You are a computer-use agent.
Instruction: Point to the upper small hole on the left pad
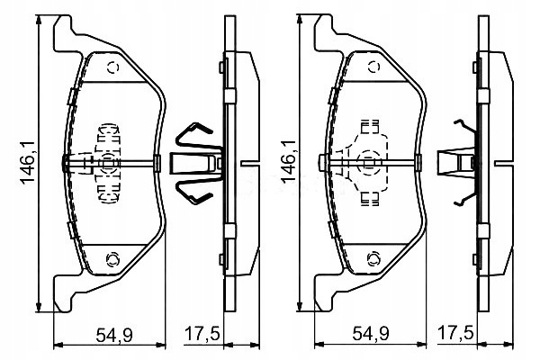[112, 67]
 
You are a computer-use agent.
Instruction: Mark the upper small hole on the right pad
[371, 67]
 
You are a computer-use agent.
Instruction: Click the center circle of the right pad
[369, 163]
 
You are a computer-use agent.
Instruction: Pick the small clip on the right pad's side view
[455, 163]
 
